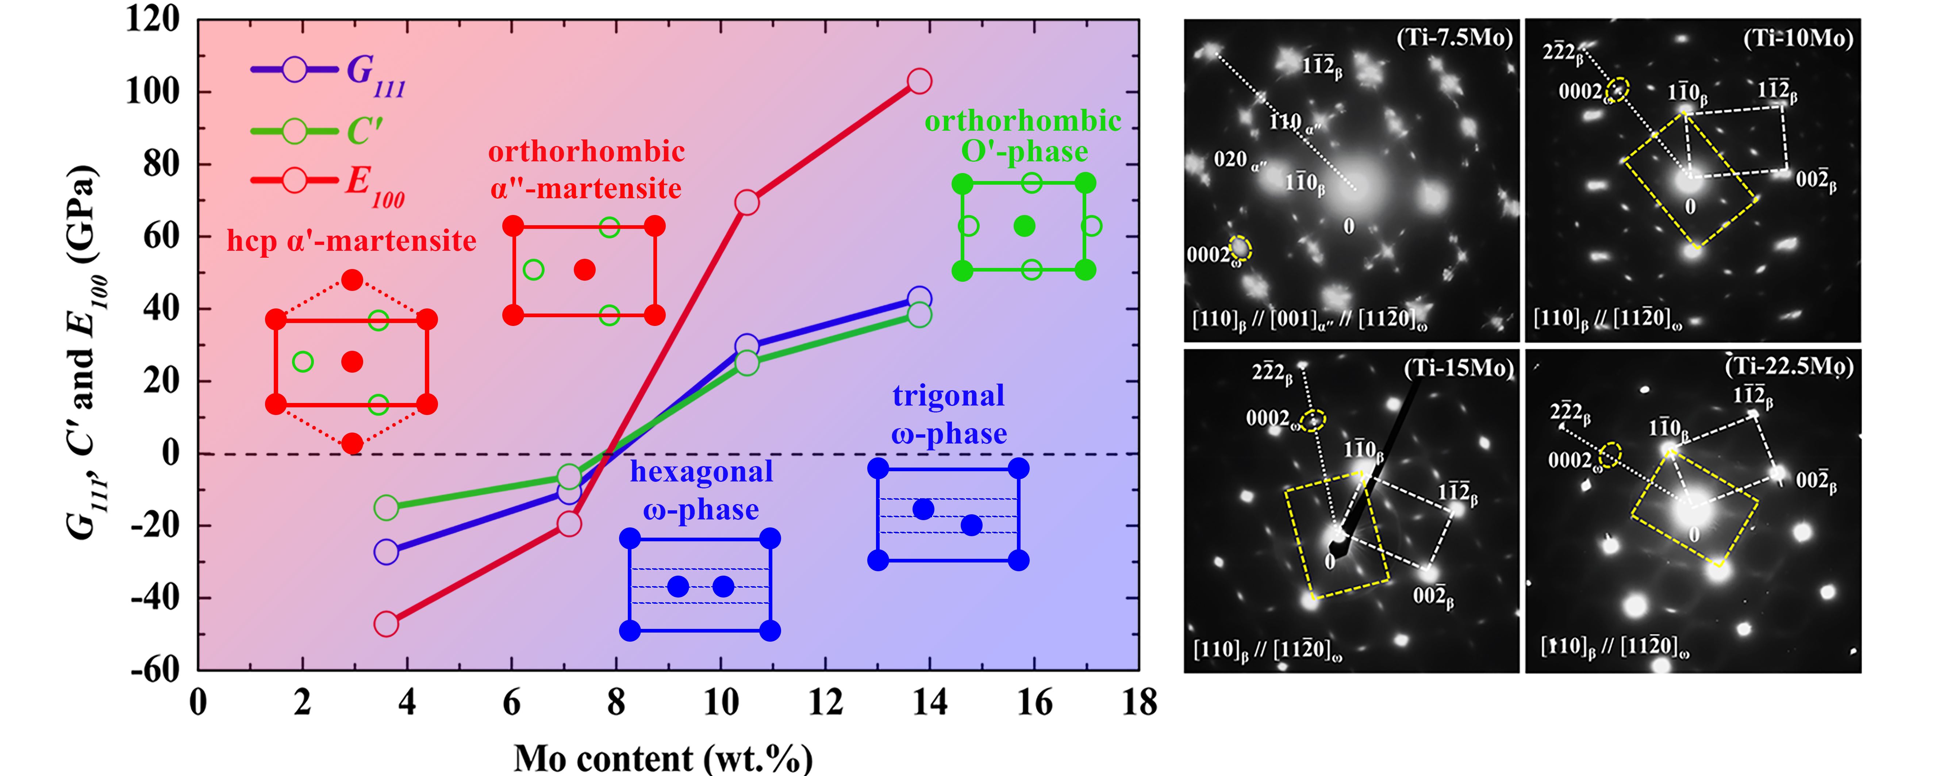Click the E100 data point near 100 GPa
click(919, 81)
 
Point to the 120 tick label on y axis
click(153, 19)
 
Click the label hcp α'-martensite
click(352, 241)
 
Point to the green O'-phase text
click(1024, 151)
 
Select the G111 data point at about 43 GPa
click(919, 298)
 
